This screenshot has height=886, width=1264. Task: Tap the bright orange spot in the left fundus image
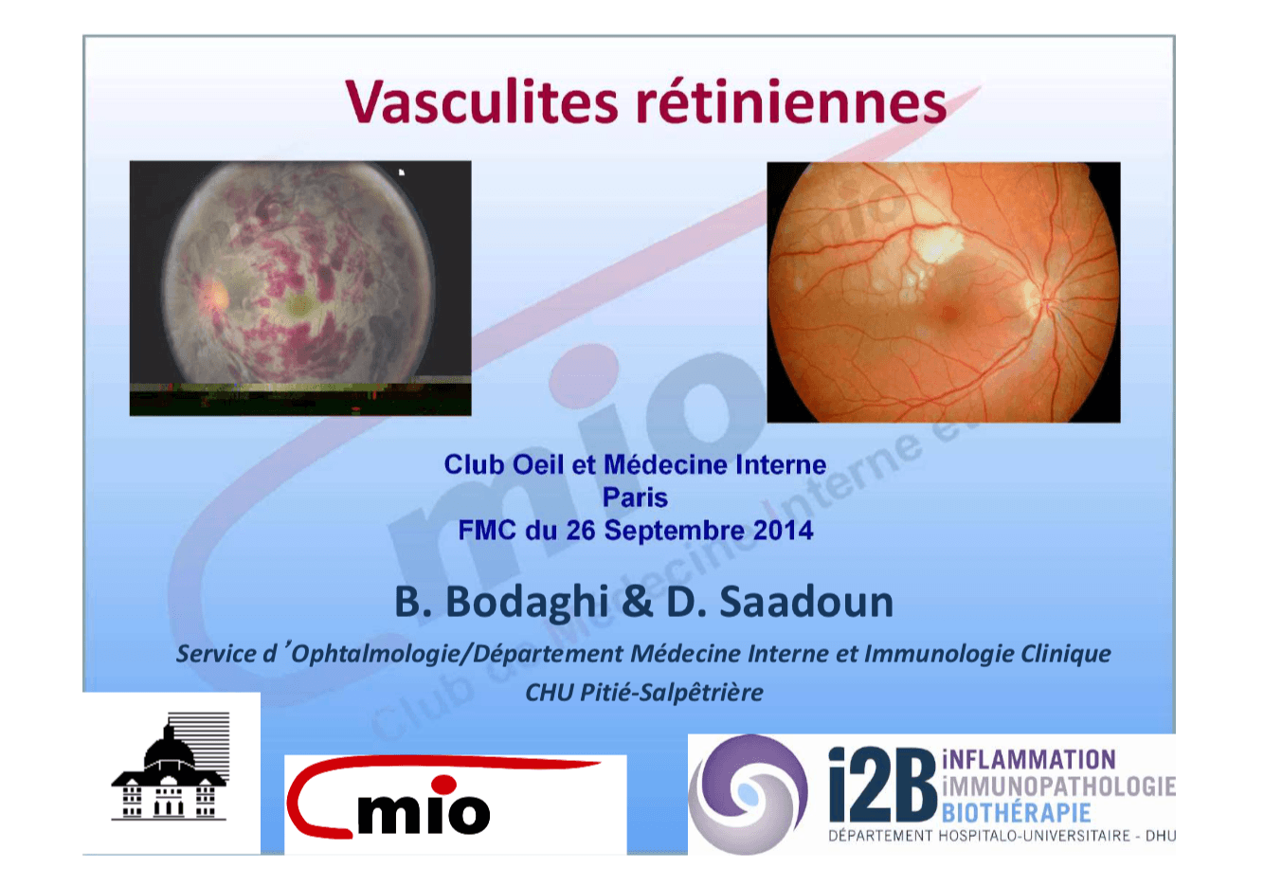(215, 297)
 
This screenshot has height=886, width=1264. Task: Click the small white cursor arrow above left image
(402, 172)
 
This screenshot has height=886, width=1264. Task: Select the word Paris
(634, 497)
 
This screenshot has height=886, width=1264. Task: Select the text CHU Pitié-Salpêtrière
(643, 693)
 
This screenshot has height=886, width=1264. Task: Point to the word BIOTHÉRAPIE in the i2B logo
(1016, 813)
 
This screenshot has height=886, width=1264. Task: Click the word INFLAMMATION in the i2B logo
(1029, 760)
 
